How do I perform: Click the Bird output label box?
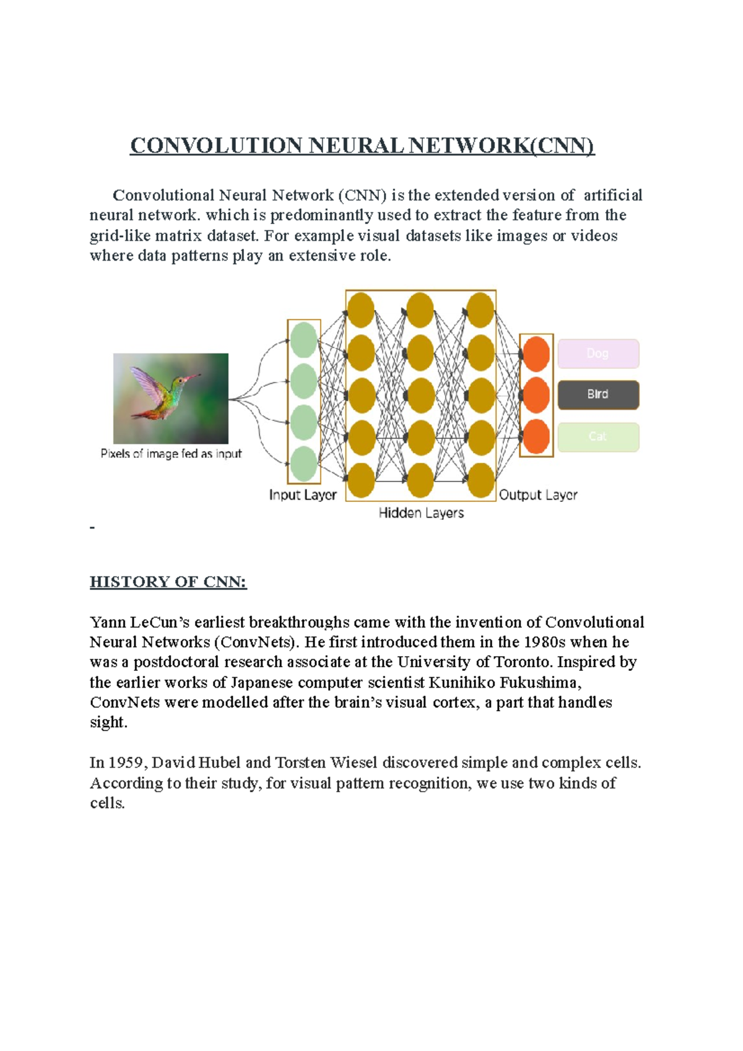598,394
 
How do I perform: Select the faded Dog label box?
598,353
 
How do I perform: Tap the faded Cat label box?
598,436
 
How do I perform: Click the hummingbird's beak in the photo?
193,376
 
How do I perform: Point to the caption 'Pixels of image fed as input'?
171,454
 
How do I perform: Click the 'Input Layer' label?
303,495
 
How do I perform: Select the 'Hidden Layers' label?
421,513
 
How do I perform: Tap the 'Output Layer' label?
538,495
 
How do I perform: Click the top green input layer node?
303,340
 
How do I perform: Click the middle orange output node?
536,395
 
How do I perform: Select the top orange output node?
536,354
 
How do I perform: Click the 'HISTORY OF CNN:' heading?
168,582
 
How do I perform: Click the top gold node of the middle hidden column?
420,310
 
